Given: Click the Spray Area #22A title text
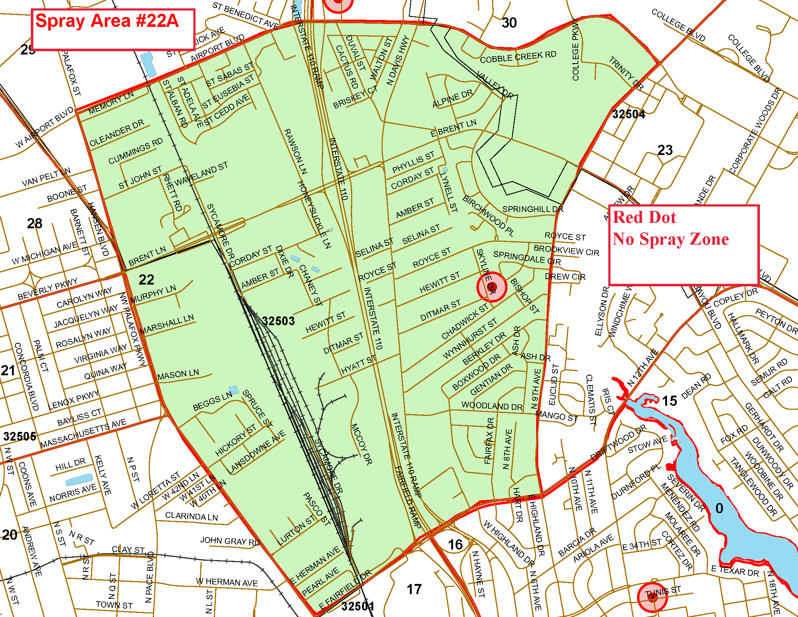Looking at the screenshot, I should (x=107, y=21).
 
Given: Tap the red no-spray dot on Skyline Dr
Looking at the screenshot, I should (x=491, y=287).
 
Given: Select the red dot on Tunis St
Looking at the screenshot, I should (x=652, y=598).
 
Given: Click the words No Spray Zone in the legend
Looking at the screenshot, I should (x=670, y=240).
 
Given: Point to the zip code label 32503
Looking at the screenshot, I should (x=279, y=321).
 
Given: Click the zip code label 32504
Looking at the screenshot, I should (x=629, y=114).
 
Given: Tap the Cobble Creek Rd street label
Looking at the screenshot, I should (x=518, y=57).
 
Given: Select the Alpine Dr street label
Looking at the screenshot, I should (x=452, y=99).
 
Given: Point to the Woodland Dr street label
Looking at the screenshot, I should (x=492, y=406).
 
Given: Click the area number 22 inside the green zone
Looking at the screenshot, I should (x=146, y=280).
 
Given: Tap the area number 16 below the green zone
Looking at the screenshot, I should (x=455, y=545).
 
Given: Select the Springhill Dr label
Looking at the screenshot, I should (x=533, y=209).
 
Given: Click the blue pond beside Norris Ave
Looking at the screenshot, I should (x=79, y=479).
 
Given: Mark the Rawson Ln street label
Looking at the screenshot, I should (x=296, y=151).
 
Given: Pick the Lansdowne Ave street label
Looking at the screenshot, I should (x=256, y=452).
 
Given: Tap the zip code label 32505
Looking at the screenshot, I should (x=20, y=436).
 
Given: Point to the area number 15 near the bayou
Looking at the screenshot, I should (x=669, y=401).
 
